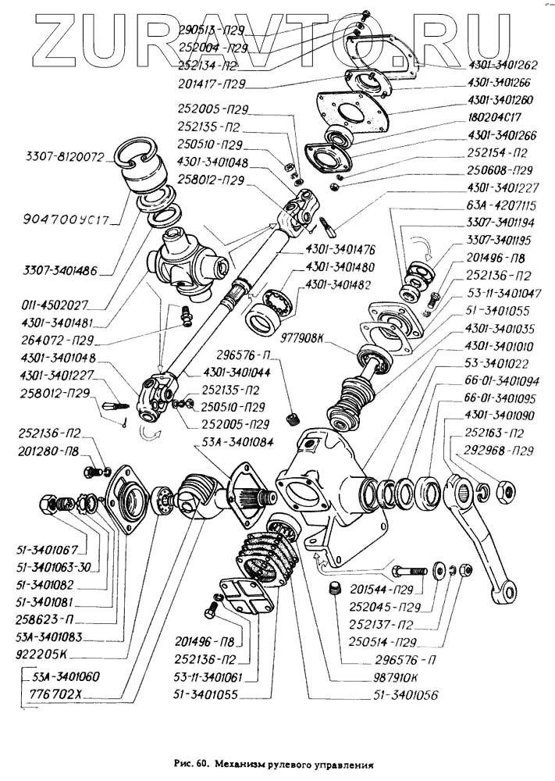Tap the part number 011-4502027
tap(55, 304)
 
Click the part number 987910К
tap(390, 678)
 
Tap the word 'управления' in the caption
tap(340, 766)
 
